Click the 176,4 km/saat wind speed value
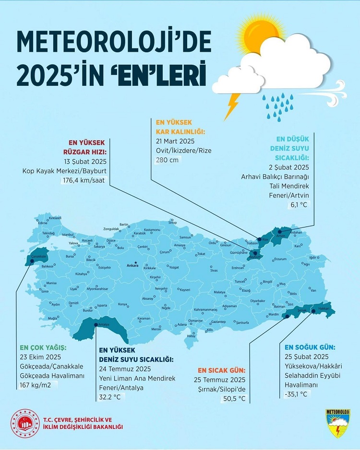(89, 180)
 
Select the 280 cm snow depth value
(166, 160)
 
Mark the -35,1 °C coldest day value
(297, 394)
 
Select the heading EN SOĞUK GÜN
(310, 347)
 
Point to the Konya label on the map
(123, 304)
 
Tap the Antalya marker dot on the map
(96, 325)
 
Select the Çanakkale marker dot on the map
(32, 261)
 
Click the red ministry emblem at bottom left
(24, 423)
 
